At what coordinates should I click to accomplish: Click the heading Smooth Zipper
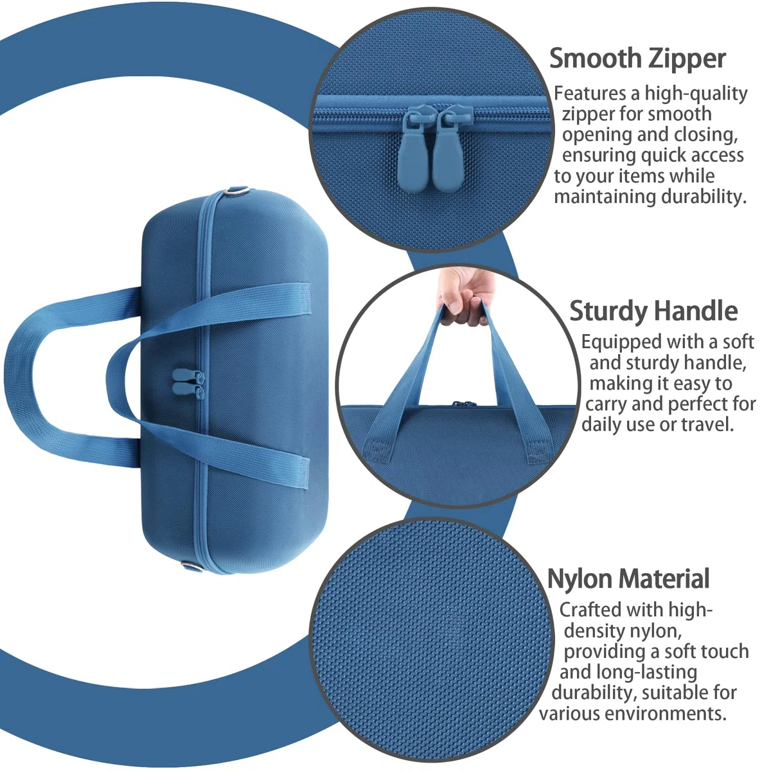637,59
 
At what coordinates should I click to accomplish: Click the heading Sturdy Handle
653,311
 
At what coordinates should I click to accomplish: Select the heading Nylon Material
628,578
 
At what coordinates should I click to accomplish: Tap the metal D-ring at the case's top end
239,191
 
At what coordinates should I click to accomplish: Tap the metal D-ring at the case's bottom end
193,567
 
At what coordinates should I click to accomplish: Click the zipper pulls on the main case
188,384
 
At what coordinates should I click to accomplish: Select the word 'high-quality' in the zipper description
696,94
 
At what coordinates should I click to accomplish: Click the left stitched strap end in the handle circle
377,451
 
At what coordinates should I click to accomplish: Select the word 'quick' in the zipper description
666,155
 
